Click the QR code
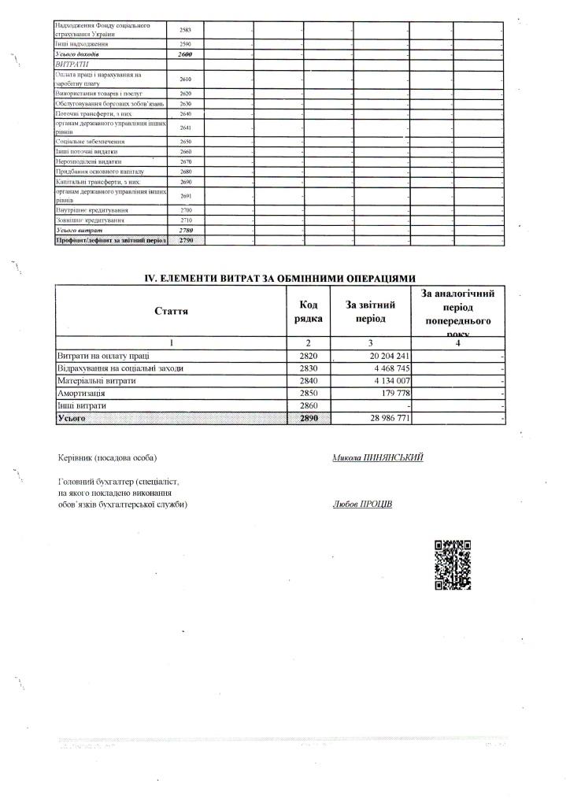(x=453, y=564)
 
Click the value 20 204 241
(x=387, y=356)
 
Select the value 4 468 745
(x=388, y=368)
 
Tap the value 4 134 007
(x=388, y=381)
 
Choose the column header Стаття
(x=172, y=312)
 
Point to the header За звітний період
(x=370, y=312)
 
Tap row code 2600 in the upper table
(x=186, y=54)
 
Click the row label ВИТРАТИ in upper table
(x=70, y=63)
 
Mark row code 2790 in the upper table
(x=186, y=239)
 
